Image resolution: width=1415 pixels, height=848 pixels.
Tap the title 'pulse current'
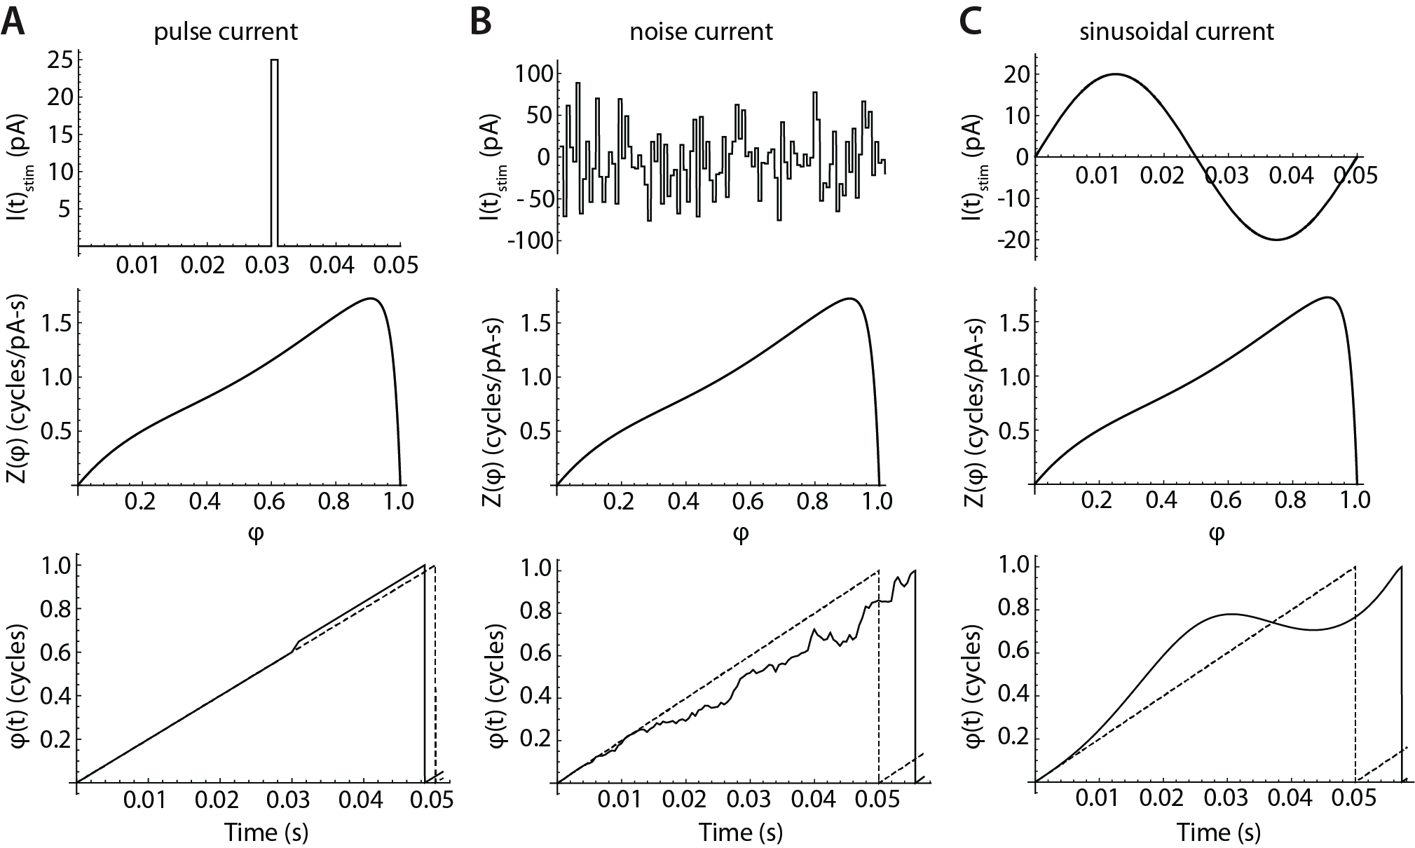[x=226, y=32]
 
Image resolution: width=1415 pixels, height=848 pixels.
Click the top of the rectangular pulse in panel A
[x=275, y=60]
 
